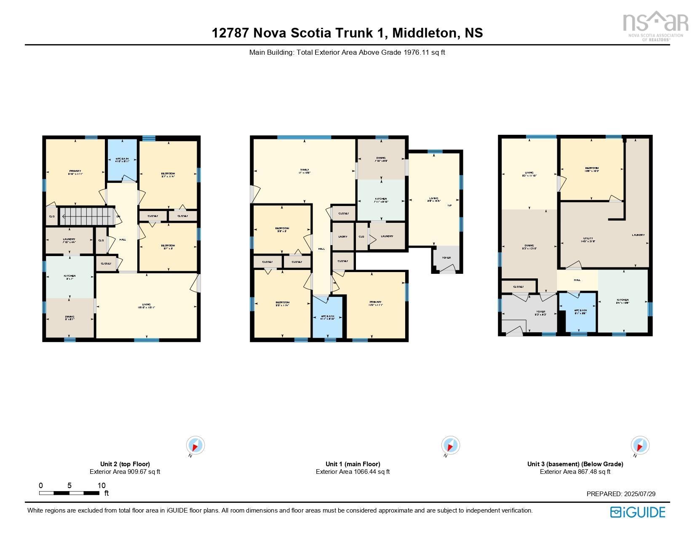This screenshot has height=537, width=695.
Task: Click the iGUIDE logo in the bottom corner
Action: pyautogui.click(x=638, y=512)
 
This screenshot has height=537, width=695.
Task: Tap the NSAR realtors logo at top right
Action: pyautogui.click(x=652, y=26)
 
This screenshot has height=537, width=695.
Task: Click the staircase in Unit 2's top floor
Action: pyautogui.click(x=87, y=216)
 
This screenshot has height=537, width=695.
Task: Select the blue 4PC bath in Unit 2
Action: pyautogui.click(x=122, y=160)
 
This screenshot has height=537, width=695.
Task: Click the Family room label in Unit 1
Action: pyautogui.click(x=304, y=170)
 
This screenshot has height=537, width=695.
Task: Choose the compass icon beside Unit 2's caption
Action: pyautogui.click(x=195, y=446)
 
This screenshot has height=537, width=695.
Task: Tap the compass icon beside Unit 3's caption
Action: pyautogui.click(x=640, y=446)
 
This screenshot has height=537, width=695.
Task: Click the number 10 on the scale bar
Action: pyautogui.click(x=102, y=486)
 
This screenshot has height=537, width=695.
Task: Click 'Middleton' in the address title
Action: pyautogui.click(x=425, y=33)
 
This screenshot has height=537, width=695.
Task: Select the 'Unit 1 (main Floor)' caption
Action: pyautogui.click(x=353, y=464)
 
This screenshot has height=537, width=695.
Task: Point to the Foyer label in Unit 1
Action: pyautogui.click(x=446, y=258)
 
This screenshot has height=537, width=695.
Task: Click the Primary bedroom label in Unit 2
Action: pyautogui.click(x=75, y=171)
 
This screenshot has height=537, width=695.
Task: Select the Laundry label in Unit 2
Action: pyautogui.click(x=69, y=239)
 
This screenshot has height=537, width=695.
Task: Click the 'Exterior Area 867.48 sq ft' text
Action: pyautogui.click(x=575, y=472)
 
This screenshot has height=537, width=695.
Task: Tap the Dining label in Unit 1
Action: pyautogui.click(x=381, y=159)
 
